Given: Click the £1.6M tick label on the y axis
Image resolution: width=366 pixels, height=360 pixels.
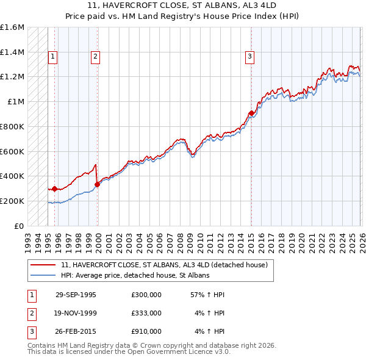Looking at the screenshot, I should coord(12,27).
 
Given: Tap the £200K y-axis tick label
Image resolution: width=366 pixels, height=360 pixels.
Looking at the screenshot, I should coord(12,201).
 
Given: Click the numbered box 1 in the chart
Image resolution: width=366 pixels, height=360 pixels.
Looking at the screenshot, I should coord(53,57).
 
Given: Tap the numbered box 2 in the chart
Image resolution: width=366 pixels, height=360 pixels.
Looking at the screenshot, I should coord(96,57).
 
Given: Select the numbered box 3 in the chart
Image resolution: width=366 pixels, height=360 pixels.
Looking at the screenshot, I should coord(250,57).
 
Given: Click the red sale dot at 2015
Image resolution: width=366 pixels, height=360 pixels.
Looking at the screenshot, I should coord(251,113).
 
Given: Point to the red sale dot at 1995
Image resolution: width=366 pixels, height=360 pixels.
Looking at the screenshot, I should coord(54,189).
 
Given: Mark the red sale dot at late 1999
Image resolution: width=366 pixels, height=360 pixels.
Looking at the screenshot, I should coord(98,184).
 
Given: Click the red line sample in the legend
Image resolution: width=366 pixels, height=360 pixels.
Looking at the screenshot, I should coord(43,265).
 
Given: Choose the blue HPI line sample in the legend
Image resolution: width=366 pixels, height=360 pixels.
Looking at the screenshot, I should coord(43,275).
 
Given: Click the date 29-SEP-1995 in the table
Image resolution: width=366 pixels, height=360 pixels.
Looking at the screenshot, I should coord(76,295).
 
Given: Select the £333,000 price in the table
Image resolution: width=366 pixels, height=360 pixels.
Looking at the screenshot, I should coord(146,313).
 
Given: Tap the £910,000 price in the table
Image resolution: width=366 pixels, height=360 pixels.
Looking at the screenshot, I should coord(146,331).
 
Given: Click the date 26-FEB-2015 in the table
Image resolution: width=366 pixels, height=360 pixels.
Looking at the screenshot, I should coord(76,331).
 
